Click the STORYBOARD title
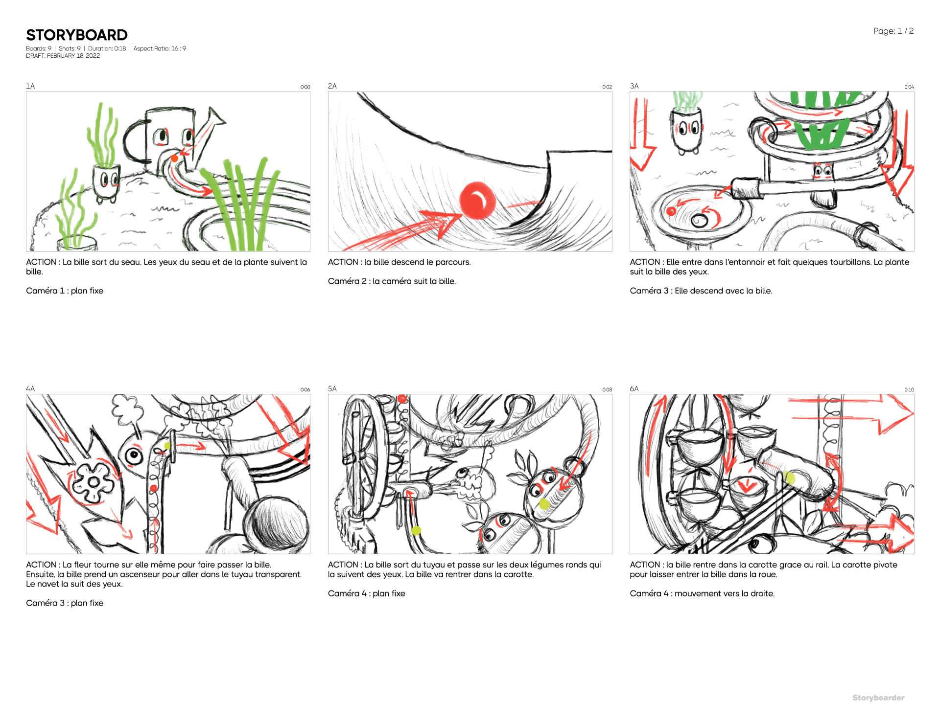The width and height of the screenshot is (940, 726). [x=77, y=35]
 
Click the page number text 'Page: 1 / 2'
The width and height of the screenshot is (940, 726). [x=893, y=31]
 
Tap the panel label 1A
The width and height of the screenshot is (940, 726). [x=30, y=86]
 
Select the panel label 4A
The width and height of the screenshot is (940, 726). [x=30, y=389]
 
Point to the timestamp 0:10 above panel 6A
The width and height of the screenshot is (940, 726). [x=909, y=390]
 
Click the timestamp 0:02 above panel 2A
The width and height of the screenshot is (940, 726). [x=607, y=87]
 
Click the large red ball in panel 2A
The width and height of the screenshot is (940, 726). [x=477, y=200]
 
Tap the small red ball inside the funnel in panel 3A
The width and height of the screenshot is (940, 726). [x=671, y=211]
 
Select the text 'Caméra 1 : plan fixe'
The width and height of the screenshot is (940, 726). [x=65, y=291]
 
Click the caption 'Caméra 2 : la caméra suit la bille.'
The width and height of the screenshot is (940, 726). [x=392, y=281]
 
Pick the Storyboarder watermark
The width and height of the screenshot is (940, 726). [x=878, y=698]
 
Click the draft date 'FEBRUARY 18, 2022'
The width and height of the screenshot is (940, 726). [x=73, y=56]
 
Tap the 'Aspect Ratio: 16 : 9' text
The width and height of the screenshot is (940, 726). [x=160, y=48]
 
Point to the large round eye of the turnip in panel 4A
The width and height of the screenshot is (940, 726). [x=133, y=456]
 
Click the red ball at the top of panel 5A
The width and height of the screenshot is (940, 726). [x=402, y=399]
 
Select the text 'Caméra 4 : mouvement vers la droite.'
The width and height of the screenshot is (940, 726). [x=702, y=593]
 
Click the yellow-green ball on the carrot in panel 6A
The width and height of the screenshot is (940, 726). [x=789, y=477]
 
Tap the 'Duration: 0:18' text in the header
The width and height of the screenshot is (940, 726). [x=107, y=48]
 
